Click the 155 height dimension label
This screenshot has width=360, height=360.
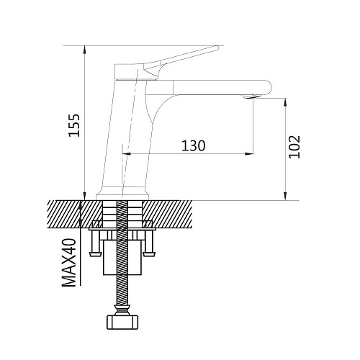coord(74,125)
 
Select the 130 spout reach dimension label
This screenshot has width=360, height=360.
coord(193,145)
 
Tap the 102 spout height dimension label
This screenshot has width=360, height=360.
coord(294,147)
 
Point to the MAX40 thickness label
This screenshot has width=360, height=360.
coord(69,263)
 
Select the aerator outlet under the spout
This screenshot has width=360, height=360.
coord(251,96)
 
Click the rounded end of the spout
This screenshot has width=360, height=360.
coord(268,87)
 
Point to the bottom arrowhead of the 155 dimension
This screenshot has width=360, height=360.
coord(84,195)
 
